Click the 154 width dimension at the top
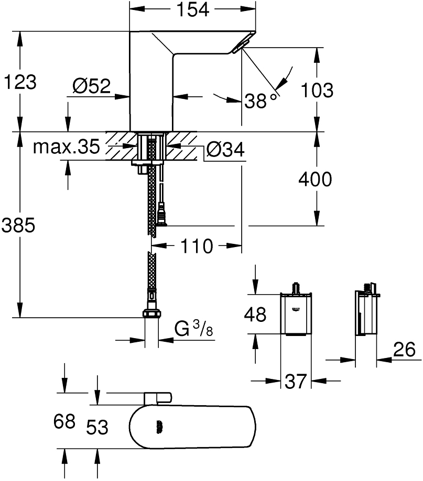[192, 9]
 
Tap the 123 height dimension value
[20, 82]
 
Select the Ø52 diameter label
[92, 86]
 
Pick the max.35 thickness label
[66, 148]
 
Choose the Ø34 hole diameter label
[225, 150]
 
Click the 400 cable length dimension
[314, 180]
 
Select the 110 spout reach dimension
[197, 245]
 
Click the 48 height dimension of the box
[255, 314]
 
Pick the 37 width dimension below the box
[295, 381]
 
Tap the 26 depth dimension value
[403, 350]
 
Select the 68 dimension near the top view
[65, 422]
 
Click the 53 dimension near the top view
[97, 427]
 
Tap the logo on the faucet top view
[159, 427]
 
